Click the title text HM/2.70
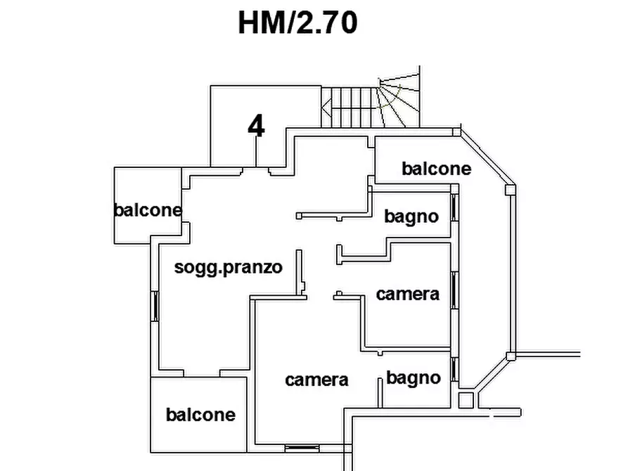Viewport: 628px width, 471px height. [297, 22]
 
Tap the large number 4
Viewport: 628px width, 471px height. [257, 127]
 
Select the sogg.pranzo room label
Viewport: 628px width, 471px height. [229, 267]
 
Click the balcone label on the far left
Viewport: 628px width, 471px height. [148, 209]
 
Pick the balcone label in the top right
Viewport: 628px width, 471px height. [436, 169]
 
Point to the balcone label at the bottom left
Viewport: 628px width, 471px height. [200, 415]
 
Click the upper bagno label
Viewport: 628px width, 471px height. [411, 217]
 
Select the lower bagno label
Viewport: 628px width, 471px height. [414, 378]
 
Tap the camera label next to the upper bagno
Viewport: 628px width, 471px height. [408, 294]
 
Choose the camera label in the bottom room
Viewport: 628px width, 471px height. [316, 380]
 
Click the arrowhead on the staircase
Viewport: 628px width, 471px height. [326, 108]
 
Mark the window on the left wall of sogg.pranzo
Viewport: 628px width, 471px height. [155, 307]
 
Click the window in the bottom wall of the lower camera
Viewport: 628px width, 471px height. [303, 448]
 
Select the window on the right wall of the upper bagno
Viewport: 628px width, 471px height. [454, 207]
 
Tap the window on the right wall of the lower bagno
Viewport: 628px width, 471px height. [454, 369]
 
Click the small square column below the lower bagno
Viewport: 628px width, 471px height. [465, 400]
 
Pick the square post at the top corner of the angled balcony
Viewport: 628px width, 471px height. [458, 131]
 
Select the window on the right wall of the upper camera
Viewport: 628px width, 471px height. [454, 290]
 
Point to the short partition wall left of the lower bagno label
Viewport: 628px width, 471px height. [380, 391]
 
